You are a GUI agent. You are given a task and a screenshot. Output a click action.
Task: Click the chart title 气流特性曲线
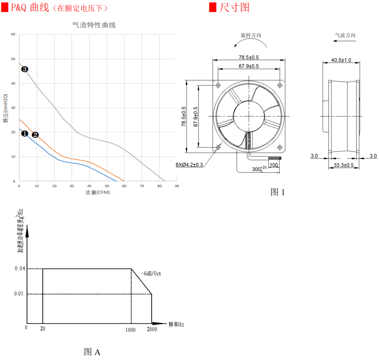click(x=94, y=25)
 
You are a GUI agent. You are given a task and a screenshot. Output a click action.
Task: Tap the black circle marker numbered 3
click(x=24, y=69)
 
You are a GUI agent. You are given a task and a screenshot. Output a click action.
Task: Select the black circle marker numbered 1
click(x=24, y=133)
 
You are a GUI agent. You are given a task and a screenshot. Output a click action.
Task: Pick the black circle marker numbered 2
click(x=35, y=135)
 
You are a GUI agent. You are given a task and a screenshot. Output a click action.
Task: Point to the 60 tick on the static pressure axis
click(x=13, y=34)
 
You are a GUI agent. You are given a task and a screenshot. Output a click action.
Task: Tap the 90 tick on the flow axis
click(x=177, y=185)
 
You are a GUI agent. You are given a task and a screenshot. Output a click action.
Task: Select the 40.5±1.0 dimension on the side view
click(x=341, y=60)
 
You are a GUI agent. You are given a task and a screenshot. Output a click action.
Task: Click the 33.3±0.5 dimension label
click(x=344, y=165)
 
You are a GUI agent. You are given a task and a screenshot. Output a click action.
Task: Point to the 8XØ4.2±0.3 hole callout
click(x=189, y=165)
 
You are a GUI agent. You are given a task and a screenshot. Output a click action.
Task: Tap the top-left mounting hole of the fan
click(x=218, y=85)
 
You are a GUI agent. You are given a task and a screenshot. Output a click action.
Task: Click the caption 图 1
click(x=278, y=192)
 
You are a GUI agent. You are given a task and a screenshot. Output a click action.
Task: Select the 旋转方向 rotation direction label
click(x=251, y=36)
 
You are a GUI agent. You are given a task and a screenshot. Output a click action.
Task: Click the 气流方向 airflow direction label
click(x=345, y=36)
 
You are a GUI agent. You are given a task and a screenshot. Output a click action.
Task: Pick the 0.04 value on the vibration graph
click(x=20, y=269)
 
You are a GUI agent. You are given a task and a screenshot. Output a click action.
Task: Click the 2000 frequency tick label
click(x=152, y=329)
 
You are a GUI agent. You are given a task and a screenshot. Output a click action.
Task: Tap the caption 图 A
click(x=92, y=352)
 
